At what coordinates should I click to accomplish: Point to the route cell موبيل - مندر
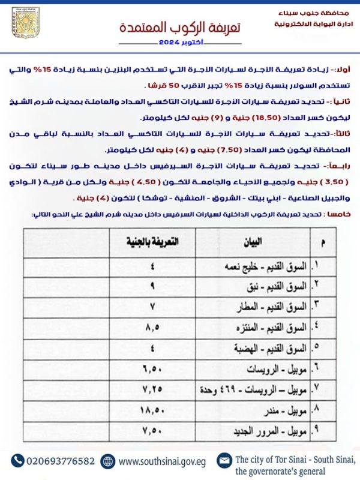click(x=283, y=412)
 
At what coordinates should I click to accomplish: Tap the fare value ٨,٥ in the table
click(x=154, y=328)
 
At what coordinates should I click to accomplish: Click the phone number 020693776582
click(x=60, y=461)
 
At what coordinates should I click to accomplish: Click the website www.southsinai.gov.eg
click(x=162, y=461)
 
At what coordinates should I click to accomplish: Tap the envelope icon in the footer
click(x=224, y=461)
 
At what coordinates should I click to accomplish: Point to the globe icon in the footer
click(x=108, y=461)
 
